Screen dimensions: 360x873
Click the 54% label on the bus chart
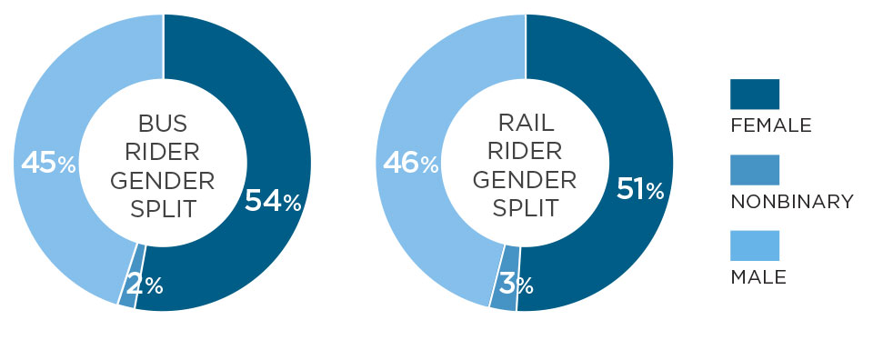[x=272, y=202]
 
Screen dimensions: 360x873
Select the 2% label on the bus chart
[x=145, y=285]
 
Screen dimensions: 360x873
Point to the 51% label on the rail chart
[x=640, y=189]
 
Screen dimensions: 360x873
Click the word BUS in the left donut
[x=164, y=122]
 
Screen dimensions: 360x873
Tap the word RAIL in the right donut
[x=525, y=122]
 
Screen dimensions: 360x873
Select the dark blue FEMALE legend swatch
[x=754, y=94]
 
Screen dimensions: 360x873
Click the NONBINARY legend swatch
[x=754, y=170]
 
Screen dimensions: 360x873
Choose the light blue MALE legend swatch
[x=754, y=245]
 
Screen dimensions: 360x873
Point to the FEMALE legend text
[x=770, y=125]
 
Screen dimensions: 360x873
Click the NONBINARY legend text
[x=791, y=201]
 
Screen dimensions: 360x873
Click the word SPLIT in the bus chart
[x=164, y=208]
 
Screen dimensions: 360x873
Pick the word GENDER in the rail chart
[x=525, y=180]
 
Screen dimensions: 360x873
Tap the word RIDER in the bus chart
[x=164, y=151]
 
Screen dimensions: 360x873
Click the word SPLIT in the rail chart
[x=525, y=208]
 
